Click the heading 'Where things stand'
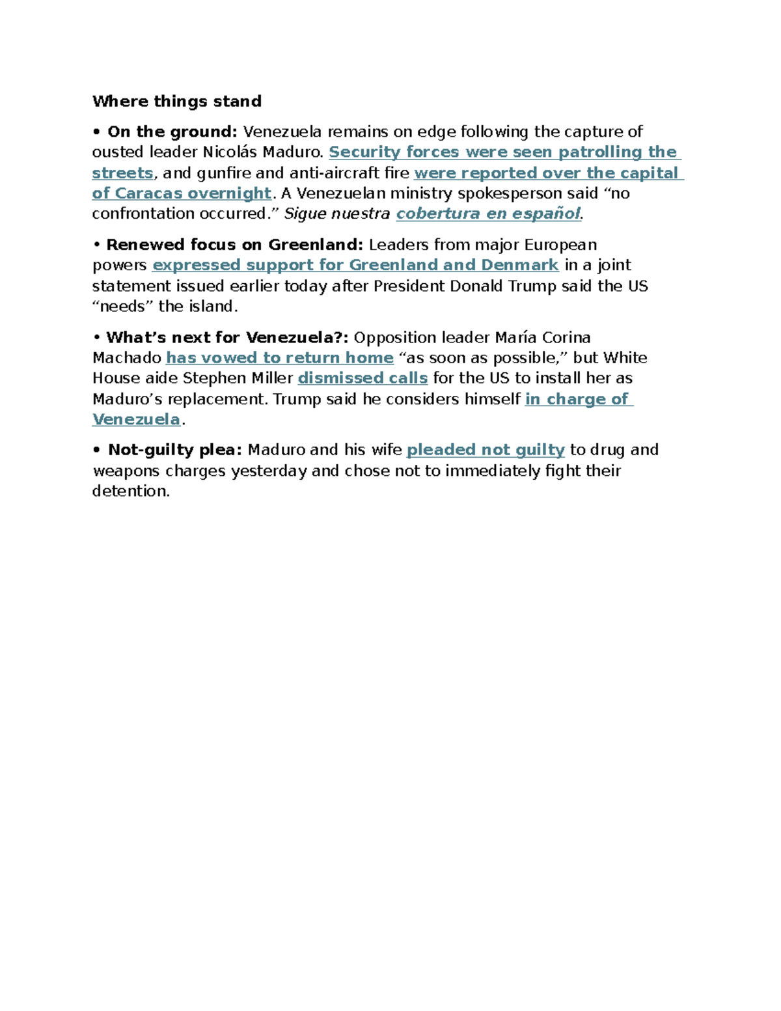pyautogui.click(x=177, y=102)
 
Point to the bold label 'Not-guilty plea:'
pyautogui.click(x=175, y=450)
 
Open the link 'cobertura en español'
pyautogui.click(x=488, y=214)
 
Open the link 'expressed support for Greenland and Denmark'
pyautogui.click(x=355, y=266)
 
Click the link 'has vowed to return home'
pyautogui.click(x=280, y=358)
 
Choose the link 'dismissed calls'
pyautogui.click(x=363, y=379)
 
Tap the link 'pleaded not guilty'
pyautogui.click(x=486, y=450)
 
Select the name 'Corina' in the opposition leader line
pyautogui.click(x=566, y=338)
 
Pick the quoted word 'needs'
pyautogui.click(x=123, y=307)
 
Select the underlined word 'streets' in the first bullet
pyautogui.click(x=122, y=173)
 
